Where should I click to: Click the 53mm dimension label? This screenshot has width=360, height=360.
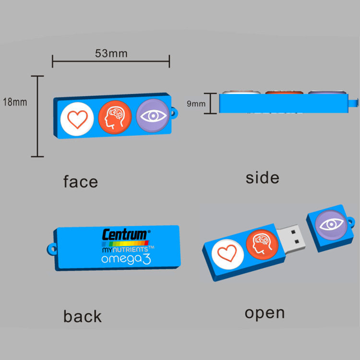point(111,53)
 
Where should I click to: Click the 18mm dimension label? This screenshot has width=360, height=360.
point(14,102)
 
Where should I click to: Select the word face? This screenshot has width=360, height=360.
point(81,181)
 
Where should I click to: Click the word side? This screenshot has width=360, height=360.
point(262,178)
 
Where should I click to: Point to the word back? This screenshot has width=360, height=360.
point(83,316)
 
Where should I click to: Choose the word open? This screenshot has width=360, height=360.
point(264,313)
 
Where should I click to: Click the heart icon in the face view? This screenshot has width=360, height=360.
point(77,118)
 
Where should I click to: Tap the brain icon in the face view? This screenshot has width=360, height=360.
point(115,118)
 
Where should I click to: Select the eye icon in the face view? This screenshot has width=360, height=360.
point(152,116)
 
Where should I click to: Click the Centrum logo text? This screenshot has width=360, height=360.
point(125,235)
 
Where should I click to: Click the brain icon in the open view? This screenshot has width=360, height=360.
point(262,242)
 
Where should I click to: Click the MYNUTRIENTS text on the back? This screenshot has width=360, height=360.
point(124,249)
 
